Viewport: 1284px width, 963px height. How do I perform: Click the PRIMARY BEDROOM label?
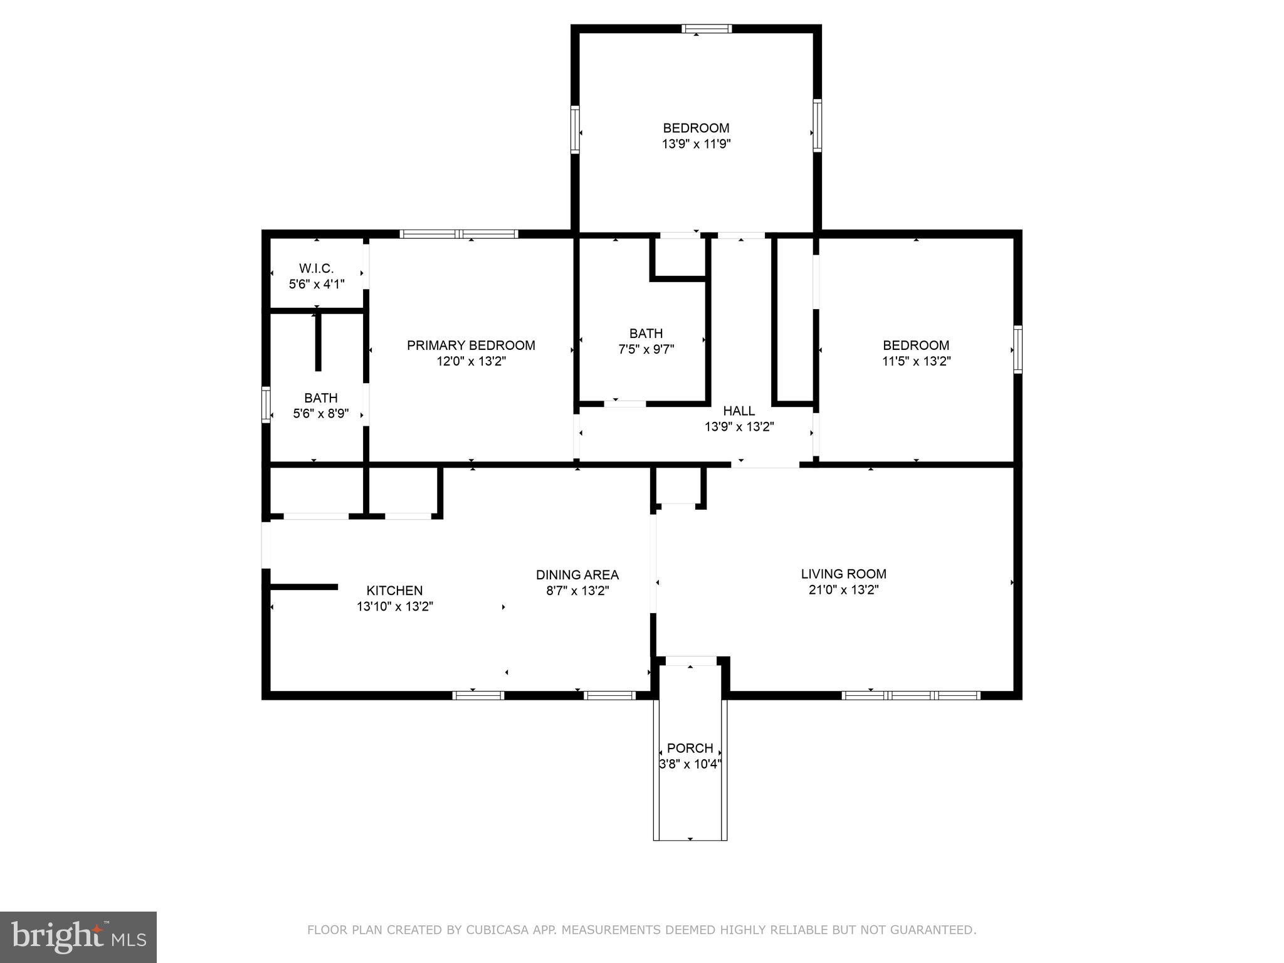(471, 345)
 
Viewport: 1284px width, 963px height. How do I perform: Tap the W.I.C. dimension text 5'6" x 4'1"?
(317, 284)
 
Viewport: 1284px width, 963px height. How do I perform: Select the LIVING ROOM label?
(843, 574)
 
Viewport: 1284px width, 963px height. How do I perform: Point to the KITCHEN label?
(394, 591)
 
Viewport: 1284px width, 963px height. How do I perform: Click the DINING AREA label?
(577, 575)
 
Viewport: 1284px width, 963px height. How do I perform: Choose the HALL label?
(739, 411)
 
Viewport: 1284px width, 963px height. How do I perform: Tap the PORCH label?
(690, 748)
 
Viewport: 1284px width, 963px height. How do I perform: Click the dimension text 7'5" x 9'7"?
(646, 349)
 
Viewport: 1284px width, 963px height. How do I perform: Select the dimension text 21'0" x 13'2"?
(843, 590)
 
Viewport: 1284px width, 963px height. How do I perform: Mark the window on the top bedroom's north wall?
(707, 28)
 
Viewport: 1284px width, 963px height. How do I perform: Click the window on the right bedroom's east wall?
(1018, 350)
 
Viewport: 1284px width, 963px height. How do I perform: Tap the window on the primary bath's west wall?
(266, 405)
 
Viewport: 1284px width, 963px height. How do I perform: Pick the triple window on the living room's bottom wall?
(910, 695)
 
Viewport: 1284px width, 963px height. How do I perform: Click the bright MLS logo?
(78, 937)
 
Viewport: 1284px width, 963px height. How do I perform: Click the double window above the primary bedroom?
(459, 234)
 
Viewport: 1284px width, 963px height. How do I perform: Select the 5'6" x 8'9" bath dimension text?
(320, 414)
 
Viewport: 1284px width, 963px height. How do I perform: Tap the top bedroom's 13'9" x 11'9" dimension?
(696, 144)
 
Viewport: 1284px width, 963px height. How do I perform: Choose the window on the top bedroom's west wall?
(574, 130)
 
